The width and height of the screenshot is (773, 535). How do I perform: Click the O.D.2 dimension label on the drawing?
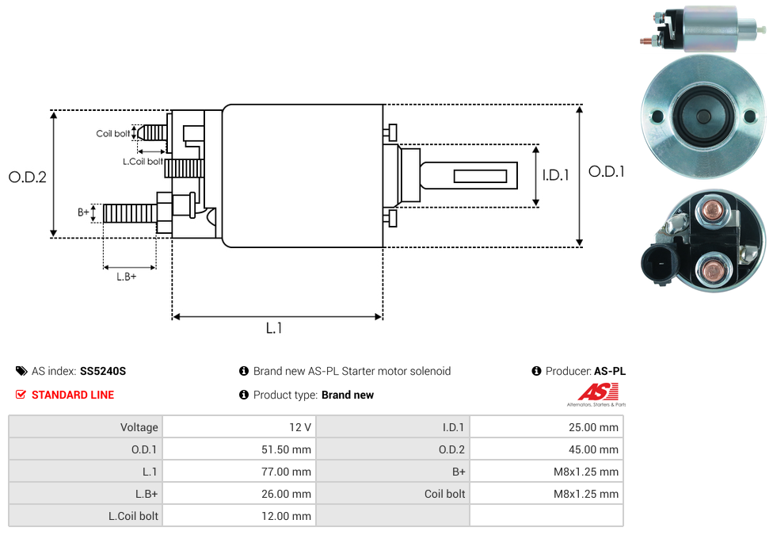[x=28, y=178]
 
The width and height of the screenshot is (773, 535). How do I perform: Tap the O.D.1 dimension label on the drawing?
[x=607, y=171]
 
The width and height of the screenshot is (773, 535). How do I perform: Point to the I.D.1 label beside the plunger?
[x=555, y=176]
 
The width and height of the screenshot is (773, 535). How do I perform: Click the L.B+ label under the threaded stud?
[x=127, y=277]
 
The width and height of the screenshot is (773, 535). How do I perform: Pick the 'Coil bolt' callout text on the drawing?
[x=113, y=134]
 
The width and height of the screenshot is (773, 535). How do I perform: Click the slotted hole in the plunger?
[x=480, y=175]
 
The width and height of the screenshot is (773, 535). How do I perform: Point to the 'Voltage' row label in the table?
[x=139, y=427]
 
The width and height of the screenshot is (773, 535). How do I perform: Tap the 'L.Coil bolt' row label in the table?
[x=133, y=516]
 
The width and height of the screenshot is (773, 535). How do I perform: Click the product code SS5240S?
[x=103, y=371]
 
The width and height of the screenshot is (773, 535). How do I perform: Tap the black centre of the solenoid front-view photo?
[x=703, y=117]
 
